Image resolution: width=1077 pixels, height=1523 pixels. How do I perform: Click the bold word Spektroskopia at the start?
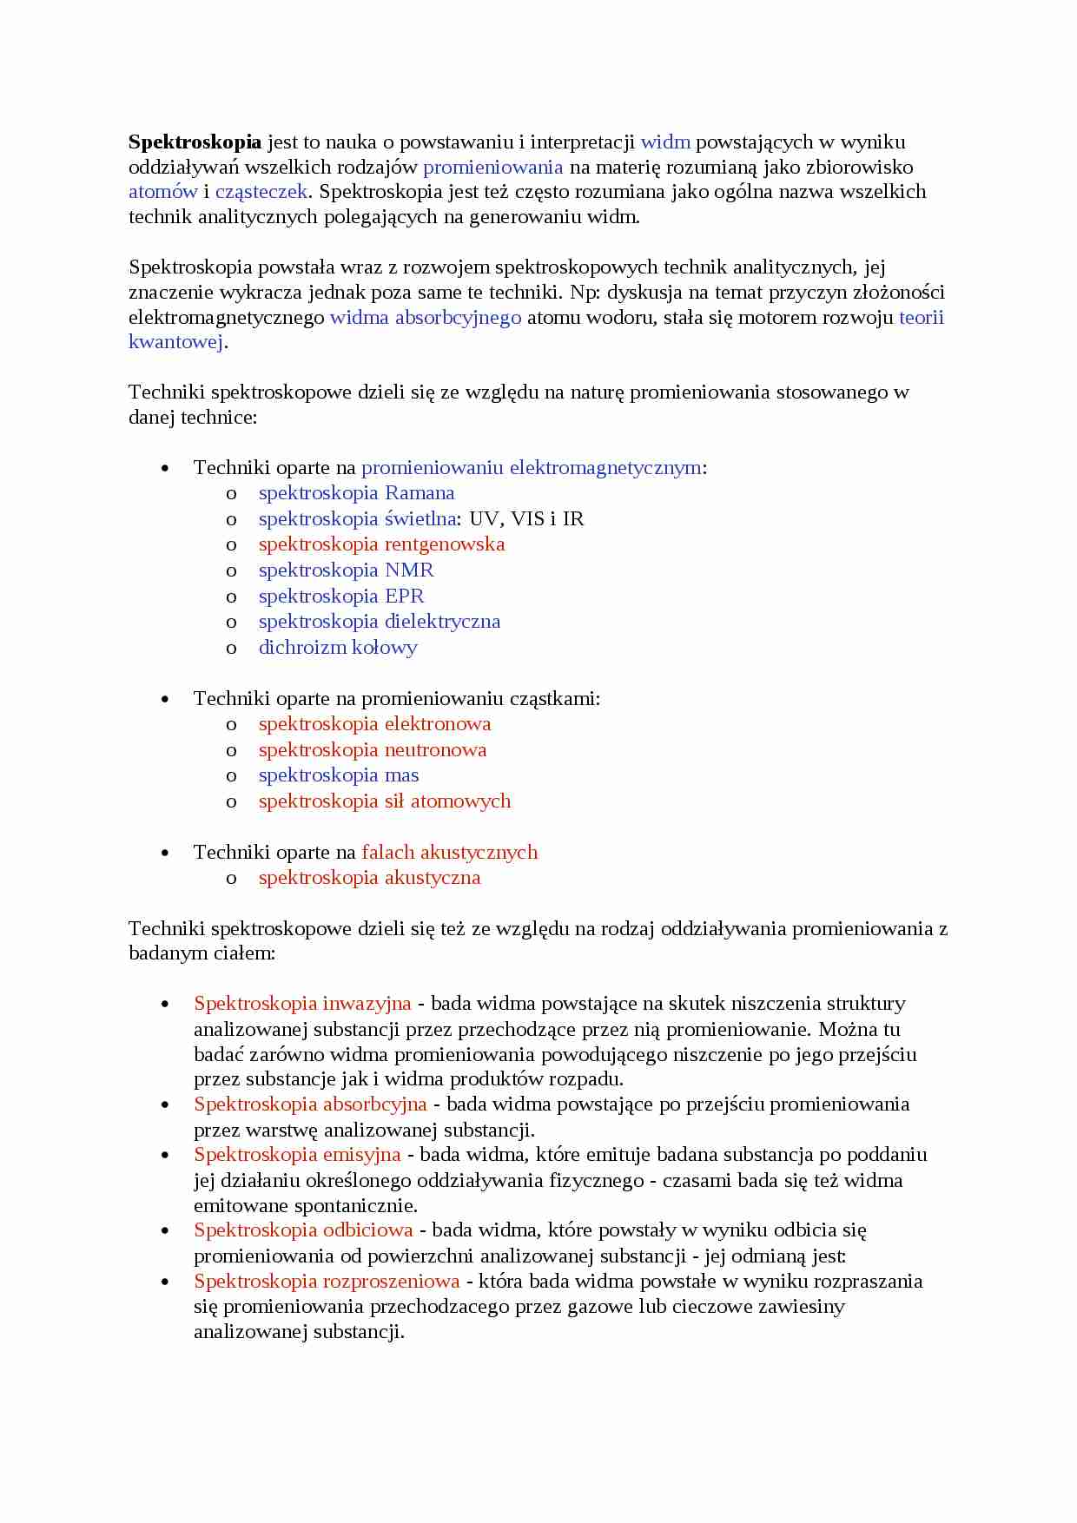[x=195, y=142]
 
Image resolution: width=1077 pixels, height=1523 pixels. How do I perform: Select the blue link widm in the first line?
[x=665, y=142]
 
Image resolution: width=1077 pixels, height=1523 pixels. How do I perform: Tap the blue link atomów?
[x=162, y=192]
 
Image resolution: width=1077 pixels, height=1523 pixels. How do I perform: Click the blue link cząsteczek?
[x=261, y=192]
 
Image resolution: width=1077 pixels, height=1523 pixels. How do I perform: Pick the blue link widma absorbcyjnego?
[x=426, y=318]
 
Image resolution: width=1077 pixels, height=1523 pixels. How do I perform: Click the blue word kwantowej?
[x=176, y=342]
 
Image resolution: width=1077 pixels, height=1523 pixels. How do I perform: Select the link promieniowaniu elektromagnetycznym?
[x=531, y=468]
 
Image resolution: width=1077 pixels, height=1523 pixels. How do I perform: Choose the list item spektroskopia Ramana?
[x=356, y=493]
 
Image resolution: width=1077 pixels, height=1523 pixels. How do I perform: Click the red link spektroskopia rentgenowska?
[x=381, y=544]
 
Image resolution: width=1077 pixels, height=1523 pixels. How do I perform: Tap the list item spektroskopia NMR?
[x=346, y=570]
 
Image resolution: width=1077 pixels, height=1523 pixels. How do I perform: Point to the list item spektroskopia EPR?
[x=341, y=597]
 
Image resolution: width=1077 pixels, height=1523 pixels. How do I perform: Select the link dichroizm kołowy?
[x=338, y=648]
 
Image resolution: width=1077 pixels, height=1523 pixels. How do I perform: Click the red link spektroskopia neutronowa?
[x=373, y=750]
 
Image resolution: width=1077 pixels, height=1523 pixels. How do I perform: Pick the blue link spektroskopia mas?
[x=339, y=775]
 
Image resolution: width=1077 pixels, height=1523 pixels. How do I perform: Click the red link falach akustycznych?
[x=449, y=853]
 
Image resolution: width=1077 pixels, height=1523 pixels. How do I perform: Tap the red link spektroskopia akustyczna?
[x=369, y=878]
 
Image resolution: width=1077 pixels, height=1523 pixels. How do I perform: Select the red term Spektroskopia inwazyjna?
[x=302, y=1004]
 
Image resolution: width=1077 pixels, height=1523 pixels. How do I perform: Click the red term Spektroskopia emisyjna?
[x=297, y=1155]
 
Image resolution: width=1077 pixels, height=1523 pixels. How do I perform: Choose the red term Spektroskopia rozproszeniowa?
[x=327, y=1282]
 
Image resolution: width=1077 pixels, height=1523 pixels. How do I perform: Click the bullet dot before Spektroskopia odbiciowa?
[x=165, y=1231]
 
